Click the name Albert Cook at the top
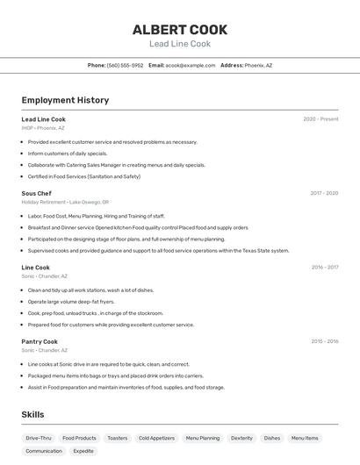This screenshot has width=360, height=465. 180,29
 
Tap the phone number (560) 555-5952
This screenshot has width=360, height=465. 125,65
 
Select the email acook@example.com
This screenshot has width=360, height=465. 191,65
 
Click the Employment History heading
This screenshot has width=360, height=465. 65,100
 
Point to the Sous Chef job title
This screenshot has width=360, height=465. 37,193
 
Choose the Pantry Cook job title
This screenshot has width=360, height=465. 40,341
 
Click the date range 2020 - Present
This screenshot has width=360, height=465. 320,119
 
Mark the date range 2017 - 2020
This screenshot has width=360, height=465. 324,193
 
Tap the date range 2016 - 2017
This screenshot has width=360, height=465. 325,267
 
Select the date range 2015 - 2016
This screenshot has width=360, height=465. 325,341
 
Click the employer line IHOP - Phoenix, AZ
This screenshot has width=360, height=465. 43,128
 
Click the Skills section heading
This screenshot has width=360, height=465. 32,414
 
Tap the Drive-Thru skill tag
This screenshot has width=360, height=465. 39,438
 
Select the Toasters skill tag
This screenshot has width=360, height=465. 117,438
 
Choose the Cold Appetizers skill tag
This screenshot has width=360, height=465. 156,438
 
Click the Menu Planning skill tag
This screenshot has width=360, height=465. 203,438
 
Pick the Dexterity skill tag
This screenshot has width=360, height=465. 241,438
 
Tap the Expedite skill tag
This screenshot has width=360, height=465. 83,451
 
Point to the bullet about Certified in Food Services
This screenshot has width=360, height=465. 83,176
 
